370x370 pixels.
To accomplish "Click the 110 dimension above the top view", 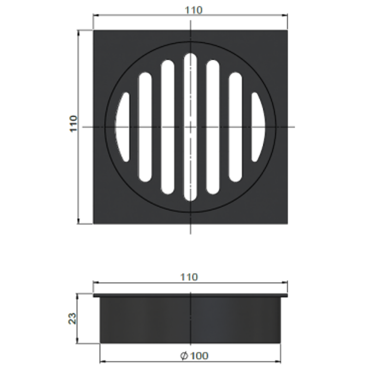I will coord(194,10).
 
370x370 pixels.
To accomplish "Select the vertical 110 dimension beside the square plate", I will coord(74,124).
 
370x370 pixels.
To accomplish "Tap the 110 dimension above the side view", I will coord(189,277).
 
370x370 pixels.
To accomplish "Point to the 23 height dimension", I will coord(73,319).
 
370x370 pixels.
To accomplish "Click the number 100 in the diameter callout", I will coord(199,356).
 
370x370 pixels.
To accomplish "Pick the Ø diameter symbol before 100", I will coord(184,356).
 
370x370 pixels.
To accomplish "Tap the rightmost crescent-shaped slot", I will coord(257,127).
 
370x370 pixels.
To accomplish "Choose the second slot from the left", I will coord(145,127).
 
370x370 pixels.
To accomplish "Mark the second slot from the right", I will coord(235,127).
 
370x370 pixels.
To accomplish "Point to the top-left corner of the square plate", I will coord(94,30).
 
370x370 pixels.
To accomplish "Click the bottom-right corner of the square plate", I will coord(287,224).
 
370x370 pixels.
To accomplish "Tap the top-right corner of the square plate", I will coord(287,30).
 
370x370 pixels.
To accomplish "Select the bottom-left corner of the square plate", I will coord(94,224).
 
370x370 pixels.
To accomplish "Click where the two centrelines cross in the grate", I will coord(190,127).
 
